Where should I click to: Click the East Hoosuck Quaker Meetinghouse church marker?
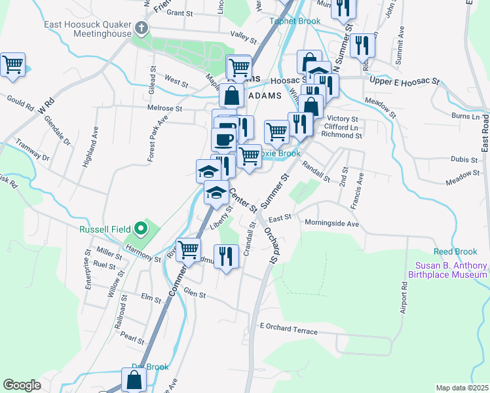point(142,28)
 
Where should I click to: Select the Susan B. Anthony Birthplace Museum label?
point(451,270)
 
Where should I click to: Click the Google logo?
point(22,385)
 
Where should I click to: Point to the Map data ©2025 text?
point(461,388)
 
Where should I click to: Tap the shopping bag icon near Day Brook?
point(134,380)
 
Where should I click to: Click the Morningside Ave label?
point(332,223)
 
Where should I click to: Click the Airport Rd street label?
point(403,299)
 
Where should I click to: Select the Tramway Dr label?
point(33,150)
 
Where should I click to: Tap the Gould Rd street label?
point(20,100)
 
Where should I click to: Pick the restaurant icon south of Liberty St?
point(226,256)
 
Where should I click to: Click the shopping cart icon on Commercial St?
point(189,249)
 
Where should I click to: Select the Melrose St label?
point(164,108)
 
